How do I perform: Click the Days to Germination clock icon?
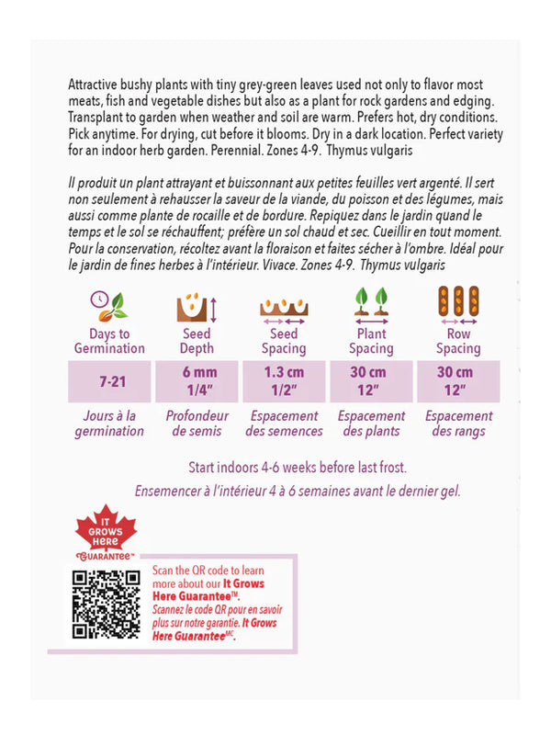point(108,303)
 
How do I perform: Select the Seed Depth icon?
point(196,304)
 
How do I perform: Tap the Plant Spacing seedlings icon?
point(370,303)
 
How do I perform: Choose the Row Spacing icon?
point(458,304)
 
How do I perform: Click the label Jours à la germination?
point(109,424)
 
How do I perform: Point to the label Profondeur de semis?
point(197,424)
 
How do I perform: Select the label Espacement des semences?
point(284,424)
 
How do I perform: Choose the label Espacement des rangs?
point(458,424)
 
